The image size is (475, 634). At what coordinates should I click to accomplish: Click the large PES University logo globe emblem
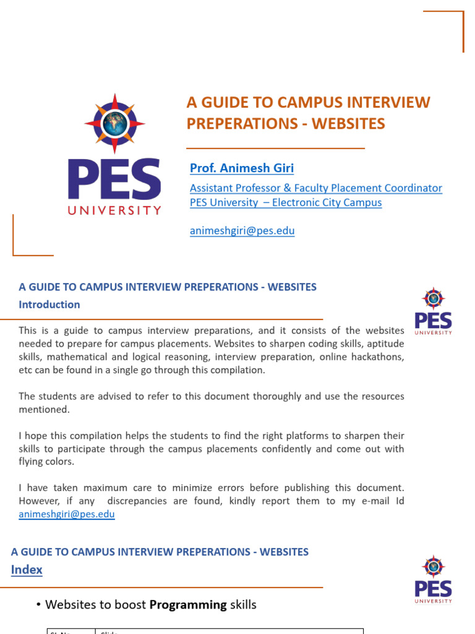(x=114, y=124)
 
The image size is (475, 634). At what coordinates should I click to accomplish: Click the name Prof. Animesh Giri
(x=242, y=168)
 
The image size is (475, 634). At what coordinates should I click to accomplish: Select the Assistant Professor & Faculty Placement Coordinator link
(x=315, y=188)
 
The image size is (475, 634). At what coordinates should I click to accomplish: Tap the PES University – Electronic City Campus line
(x=286, y=202)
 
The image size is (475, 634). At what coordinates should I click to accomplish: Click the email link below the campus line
(x=242, y=231)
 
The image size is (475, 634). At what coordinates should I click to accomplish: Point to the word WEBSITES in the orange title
(x=348, y=123)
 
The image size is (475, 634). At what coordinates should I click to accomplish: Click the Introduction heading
(x=49, y=305)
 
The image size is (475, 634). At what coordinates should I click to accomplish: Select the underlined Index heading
(x=27, y=570)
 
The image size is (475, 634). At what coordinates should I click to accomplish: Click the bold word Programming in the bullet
(x=188, y=605)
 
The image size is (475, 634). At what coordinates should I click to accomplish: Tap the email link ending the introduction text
(x=67, y=514)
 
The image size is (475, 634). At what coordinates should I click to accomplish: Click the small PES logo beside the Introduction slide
(x=433, y=311)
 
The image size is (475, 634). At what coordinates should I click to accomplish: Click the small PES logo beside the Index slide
(x=433, y=580)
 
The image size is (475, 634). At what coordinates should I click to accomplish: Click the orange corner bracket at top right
(x=455, y=22)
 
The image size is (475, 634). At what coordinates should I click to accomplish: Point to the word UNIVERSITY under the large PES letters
(x=114, y=210)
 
